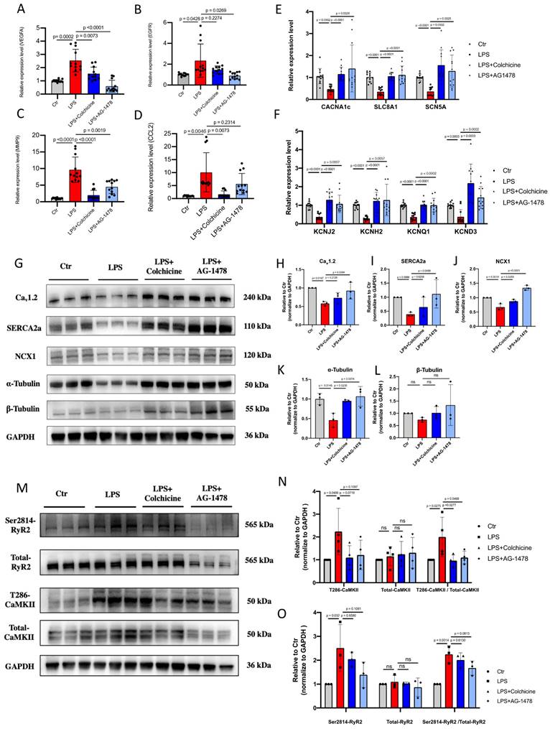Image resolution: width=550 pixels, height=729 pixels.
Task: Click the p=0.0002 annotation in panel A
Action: (54, 35)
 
